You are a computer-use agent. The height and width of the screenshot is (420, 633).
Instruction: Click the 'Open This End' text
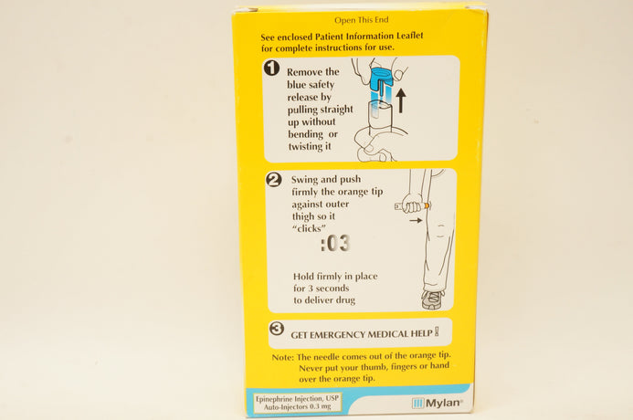click(362, 20)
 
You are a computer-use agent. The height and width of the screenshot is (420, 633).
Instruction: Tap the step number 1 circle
click(271, 68)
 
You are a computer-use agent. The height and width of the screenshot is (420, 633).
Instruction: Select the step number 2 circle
click(274, 180)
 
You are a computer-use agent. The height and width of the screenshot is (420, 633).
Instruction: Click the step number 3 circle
click(277, 329)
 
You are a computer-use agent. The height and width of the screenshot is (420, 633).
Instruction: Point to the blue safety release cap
click(382, 79)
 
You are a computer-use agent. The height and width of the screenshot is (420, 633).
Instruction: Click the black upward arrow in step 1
click(400, 100)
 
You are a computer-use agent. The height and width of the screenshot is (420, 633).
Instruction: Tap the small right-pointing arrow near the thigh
click(416, 220)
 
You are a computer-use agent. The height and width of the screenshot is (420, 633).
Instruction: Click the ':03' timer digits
click(334, 244)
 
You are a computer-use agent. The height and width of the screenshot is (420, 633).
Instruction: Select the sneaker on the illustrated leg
click(433, 299)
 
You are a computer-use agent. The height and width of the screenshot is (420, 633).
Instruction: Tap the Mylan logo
click(438, 403)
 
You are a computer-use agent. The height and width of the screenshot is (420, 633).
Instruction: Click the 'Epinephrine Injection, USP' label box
click(298, 403)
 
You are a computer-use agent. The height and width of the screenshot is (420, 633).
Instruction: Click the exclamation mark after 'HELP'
click(437, 332)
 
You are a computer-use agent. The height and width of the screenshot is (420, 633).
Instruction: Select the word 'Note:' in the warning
click(283, 358)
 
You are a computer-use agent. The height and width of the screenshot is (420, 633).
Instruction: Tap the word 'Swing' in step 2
click(304, 180)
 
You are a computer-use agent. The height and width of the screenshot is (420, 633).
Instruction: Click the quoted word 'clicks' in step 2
click(309, 228)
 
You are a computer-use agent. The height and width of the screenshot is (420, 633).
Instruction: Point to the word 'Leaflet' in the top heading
click(410, 36)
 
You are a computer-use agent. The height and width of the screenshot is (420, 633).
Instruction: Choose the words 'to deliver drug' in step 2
click(324, 300)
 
